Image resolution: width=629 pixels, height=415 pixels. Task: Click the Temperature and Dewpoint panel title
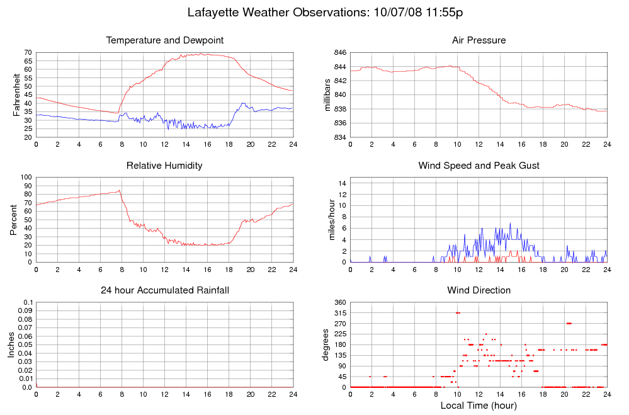point(165,40)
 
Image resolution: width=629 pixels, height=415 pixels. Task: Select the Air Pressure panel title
point(479,40)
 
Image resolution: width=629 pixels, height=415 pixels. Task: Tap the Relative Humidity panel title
point(164,166)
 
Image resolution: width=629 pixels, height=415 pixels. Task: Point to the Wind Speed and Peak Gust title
point(479,166)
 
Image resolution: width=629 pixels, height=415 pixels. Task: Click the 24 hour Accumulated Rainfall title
point(165,290)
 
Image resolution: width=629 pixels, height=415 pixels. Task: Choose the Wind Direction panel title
point(479,290)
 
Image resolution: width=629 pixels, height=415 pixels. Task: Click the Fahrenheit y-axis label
point(16,95)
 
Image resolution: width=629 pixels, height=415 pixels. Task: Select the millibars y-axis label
point(327,95)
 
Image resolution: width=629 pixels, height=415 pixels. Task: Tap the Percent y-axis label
point(13,220)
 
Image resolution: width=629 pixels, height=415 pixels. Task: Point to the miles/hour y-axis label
point(329,220)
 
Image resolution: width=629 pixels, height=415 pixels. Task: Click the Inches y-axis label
point(11,345)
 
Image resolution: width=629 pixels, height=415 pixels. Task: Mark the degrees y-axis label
point(326,345)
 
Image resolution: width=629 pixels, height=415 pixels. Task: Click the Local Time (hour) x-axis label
point(479,406)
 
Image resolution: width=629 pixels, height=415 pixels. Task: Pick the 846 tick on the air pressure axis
point(338,53)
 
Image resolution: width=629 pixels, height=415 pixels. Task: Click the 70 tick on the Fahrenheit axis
point(28,53)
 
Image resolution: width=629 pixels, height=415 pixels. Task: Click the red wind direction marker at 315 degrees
point(458,313)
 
